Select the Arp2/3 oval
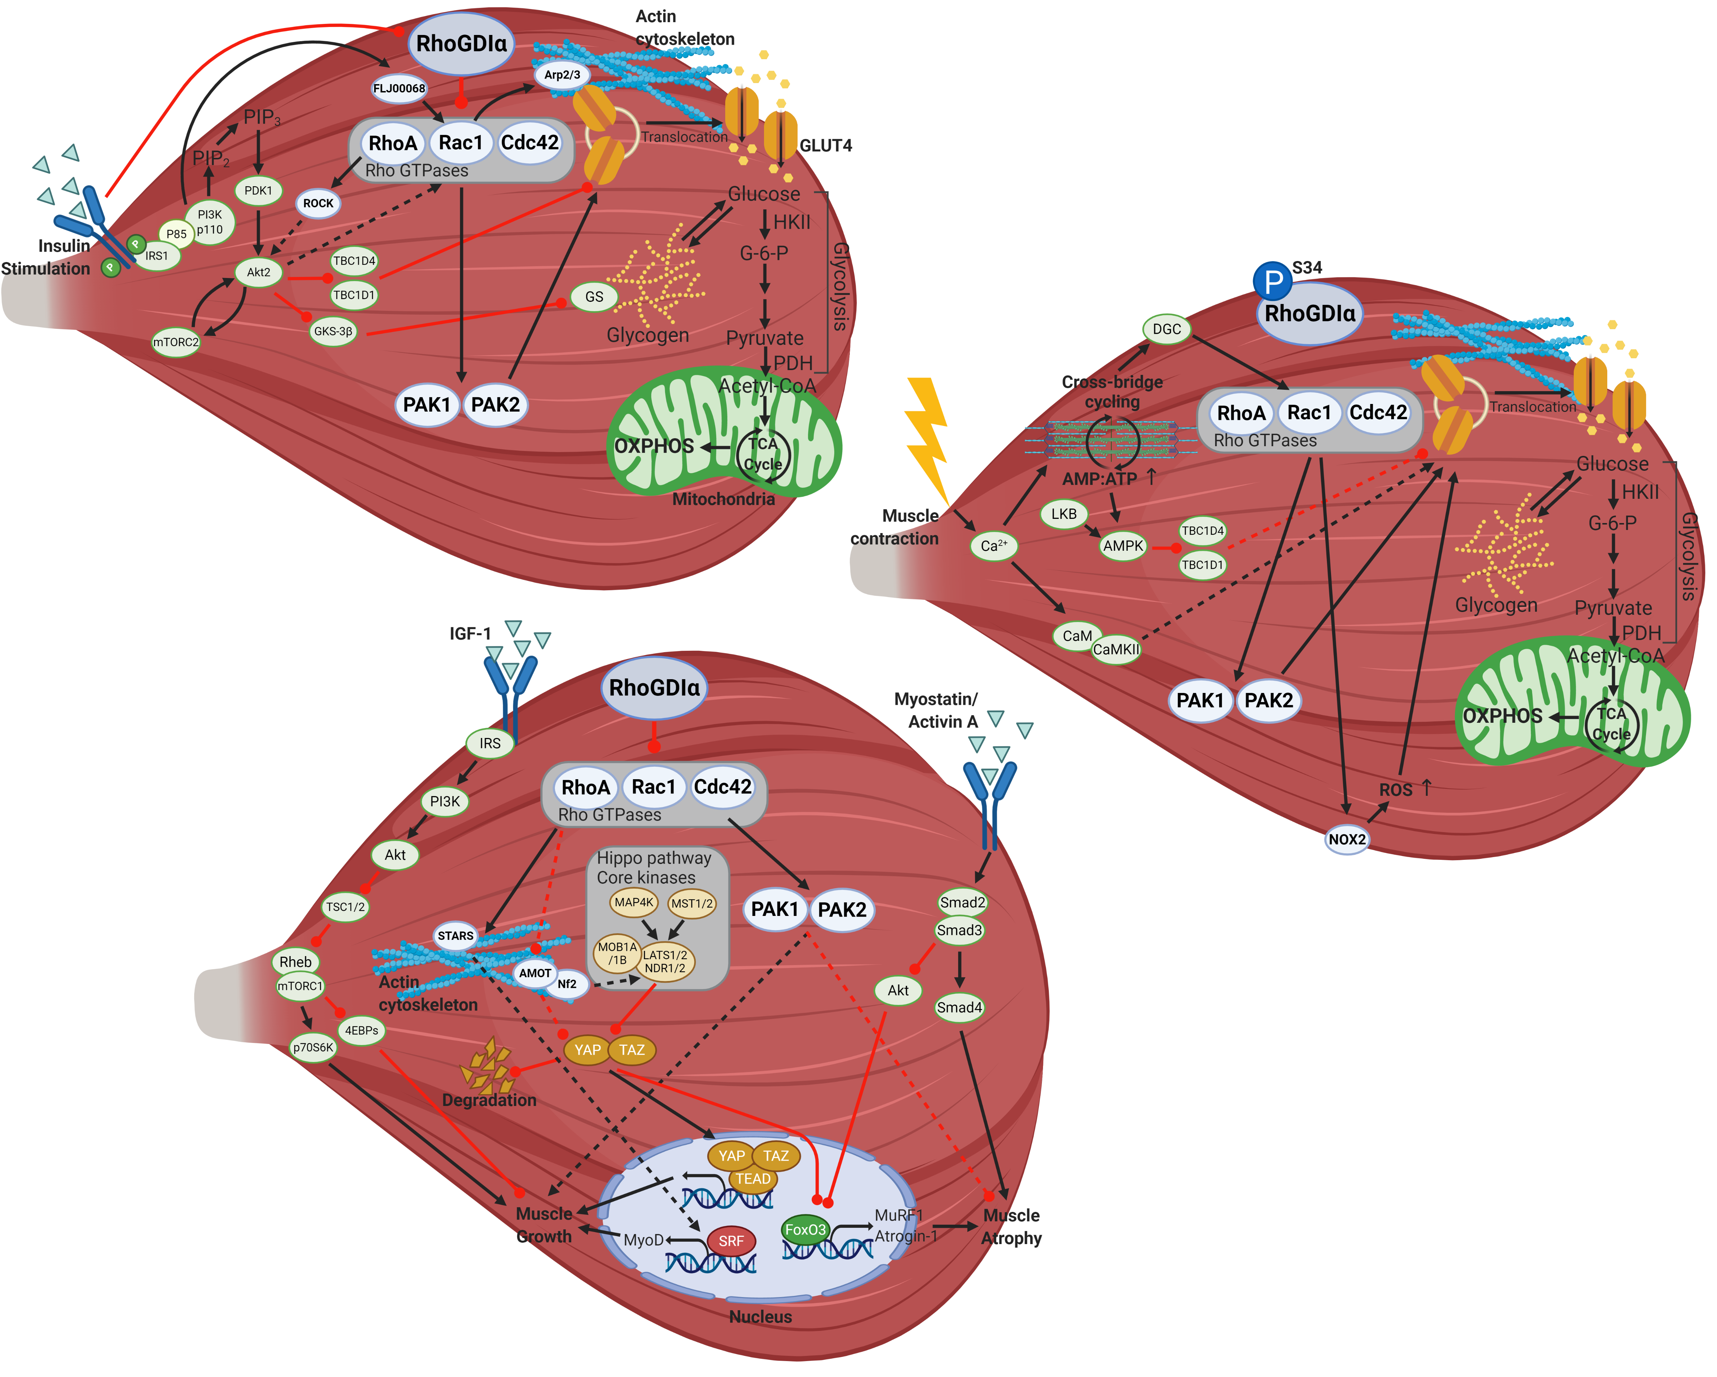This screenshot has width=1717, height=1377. pos(562,75)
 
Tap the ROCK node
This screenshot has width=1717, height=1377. pos(318,203)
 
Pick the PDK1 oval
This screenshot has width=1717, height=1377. pos(258,190)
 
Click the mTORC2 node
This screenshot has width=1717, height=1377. pos(176,342)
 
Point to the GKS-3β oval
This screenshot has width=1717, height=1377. pos(333,331)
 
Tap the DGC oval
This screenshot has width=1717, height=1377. pos(1167,329)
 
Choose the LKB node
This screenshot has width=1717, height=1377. pos(1064,514)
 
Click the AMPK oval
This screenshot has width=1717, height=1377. pos(1123,546)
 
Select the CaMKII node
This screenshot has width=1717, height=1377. pos(1116,649)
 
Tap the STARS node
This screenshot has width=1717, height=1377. pos(456,936)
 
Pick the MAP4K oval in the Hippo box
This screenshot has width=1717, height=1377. pos(634,902)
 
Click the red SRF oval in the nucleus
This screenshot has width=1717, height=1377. pos(731,1241)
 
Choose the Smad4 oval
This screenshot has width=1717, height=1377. pos(960,1007)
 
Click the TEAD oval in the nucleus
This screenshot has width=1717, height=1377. pos(753,1179)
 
